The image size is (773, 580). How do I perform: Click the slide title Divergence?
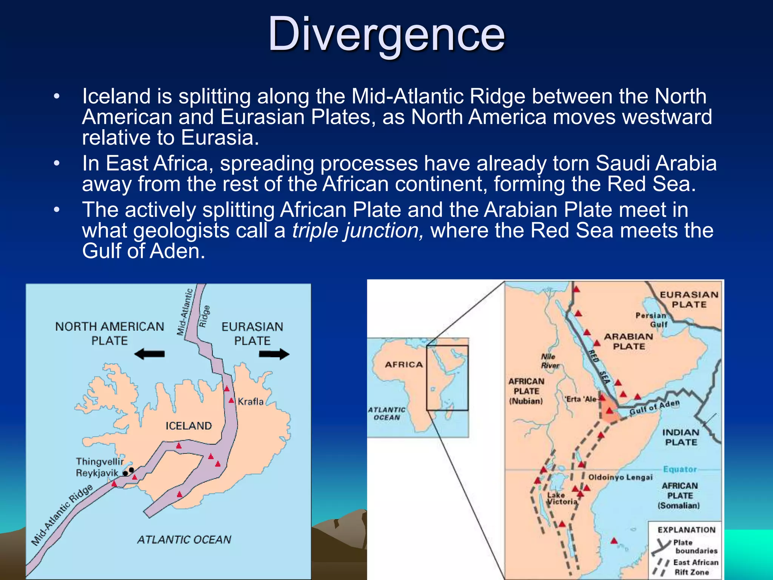(386, 35)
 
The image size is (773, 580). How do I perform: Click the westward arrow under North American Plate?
(149, 354)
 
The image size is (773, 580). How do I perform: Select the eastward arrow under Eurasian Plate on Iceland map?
(274, 354)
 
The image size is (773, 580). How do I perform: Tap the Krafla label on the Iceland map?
(251, 401)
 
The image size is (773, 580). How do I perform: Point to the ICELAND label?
(189, 426)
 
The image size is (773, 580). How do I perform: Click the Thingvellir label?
(100, 461)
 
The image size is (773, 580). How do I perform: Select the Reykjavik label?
(97, 473)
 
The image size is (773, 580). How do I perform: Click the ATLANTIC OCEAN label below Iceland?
(184, 540)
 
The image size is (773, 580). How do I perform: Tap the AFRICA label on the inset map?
(404, 364)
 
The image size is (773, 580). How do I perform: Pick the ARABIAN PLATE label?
(629, 341)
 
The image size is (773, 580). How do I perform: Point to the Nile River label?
(550, 361)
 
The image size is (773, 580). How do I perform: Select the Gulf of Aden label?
(654, 407)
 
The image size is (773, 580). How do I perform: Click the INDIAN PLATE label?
(681, 437)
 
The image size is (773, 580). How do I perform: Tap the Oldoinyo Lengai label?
(621, 477)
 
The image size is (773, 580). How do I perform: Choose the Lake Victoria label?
(562, 498)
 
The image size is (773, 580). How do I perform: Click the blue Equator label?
(680, 469)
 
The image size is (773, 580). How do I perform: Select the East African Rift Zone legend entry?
(695, 567)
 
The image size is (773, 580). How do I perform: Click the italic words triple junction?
(358, 230)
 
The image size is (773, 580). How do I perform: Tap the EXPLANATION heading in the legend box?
(687, 530)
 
